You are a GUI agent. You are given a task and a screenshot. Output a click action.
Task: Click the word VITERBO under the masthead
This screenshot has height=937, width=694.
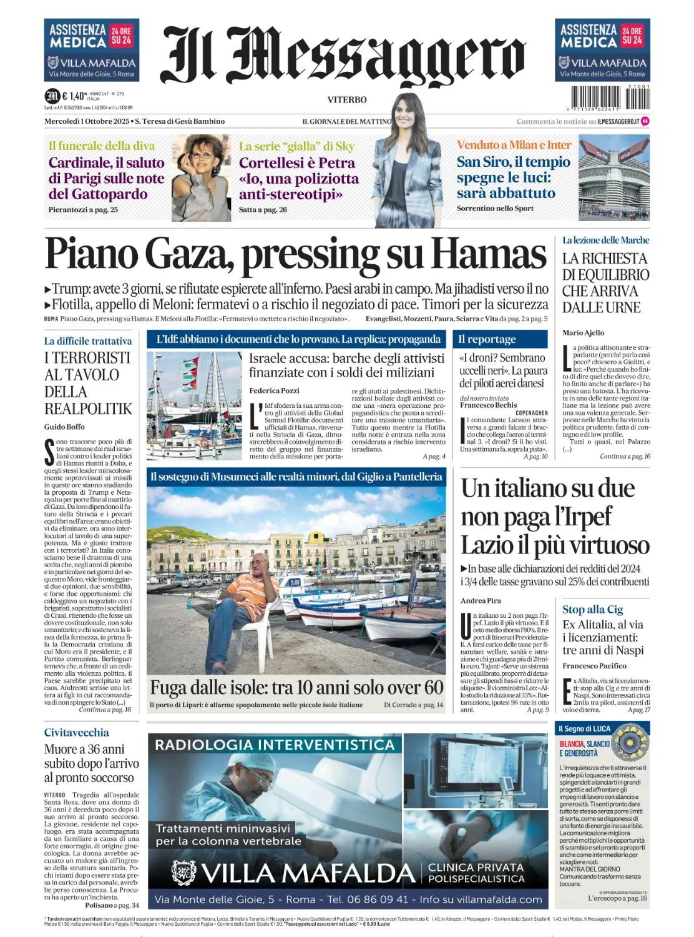(x=347, y=100)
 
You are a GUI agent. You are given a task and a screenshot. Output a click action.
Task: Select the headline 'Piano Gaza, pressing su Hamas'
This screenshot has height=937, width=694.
(x=296, y=255)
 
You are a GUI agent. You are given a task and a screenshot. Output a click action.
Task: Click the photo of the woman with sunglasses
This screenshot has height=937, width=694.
(x=201, y=178)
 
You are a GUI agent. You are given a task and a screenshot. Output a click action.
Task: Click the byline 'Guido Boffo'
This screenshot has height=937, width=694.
(x=64, y=427)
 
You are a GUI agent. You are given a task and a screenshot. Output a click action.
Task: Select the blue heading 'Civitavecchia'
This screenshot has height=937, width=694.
(x=76, y=733)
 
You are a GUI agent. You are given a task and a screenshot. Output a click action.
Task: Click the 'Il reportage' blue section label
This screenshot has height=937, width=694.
(x=487, y=339)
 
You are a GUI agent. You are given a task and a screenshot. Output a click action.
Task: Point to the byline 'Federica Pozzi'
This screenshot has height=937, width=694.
(x=274, y=390)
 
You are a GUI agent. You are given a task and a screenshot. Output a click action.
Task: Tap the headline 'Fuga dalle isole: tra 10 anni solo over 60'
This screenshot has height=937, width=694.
(x=296, y=687)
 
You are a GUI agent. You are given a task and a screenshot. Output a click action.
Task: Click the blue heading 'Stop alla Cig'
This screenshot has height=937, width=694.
(x=592, y=610)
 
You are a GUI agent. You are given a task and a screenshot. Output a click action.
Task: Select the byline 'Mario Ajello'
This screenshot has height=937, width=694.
(x=583, y=333)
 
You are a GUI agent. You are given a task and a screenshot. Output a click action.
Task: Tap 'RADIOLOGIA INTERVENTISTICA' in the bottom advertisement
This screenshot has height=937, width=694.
(x=275, y=745)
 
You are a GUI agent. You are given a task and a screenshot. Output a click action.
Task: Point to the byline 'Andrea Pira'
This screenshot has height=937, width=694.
(x=481, y=600)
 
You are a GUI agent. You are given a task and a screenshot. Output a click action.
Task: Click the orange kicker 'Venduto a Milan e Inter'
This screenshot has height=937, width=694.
(x=514, y=145)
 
